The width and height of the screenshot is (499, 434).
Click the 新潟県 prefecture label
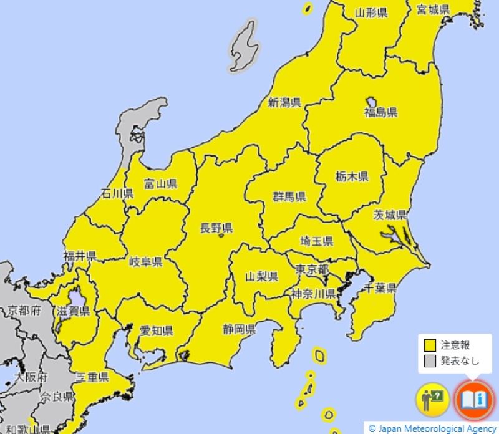pos(285,103)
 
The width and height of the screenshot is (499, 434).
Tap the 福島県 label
pos(380,113)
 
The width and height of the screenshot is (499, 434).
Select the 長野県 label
pos(216,228)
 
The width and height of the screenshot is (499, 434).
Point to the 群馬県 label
pos(289,197)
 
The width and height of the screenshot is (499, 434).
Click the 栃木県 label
pos(352,176)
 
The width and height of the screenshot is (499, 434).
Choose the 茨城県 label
pos(390,215)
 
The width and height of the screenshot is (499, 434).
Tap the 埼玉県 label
pos(316,241)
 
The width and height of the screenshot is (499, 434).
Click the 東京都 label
pos(312,270)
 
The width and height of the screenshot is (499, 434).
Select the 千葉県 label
pos(380,288)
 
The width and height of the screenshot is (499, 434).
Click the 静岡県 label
pos(240,329)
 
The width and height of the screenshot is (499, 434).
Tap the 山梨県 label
pos(261,276)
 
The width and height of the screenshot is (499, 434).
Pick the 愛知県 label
pos(156,330)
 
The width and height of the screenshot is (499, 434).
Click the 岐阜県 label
pos(146,261)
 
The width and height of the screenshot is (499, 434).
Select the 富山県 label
pos(160,183)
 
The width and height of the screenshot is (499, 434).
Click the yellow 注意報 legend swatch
pos(430,345)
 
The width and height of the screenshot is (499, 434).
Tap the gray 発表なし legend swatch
pos(430,361)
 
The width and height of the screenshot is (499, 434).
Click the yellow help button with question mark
pos(432,398)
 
